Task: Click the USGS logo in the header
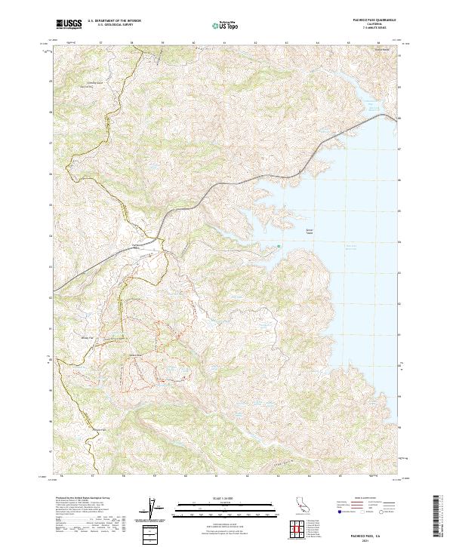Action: point(69,24)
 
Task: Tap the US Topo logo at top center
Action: point(226,24)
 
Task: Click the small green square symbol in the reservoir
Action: point(279,244)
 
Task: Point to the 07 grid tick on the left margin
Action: point(51,142)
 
